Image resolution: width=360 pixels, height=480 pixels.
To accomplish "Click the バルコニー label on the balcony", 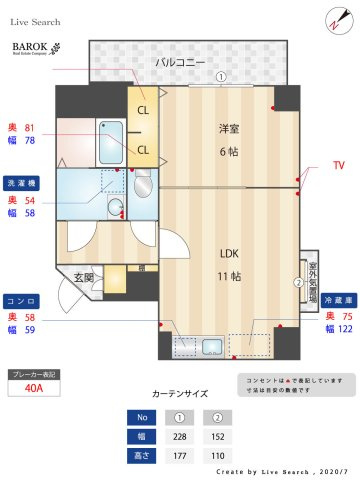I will click(180, 62).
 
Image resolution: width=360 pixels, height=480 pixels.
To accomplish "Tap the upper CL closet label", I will click(142, 110).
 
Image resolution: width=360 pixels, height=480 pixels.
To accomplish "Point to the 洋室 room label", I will click(229, 128).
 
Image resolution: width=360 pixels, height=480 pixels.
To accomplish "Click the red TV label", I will click(338, 164).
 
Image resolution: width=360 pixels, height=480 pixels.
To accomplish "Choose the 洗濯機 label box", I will click(23, 184).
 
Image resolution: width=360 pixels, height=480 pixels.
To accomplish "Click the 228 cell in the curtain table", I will click(180, 437).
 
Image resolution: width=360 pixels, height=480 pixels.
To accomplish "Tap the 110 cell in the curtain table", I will click(218, 456).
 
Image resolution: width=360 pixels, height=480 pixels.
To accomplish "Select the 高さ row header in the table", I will click(142, 456).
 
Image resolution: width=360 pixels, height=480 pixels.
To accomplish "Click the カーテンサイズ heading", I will click(180, 394).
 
